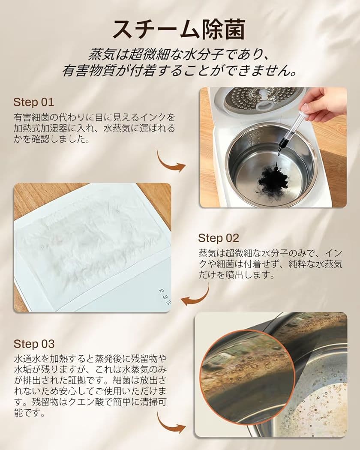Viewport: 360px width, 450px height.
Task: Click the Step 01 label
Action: point(33,102)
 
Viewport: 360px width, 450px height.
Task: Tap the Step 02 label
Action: point(218,238)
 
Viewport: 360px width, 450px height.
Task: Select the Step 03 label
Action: point(34,344)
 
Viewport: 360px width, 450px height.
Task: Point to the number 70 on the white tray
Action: point(161,291)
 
